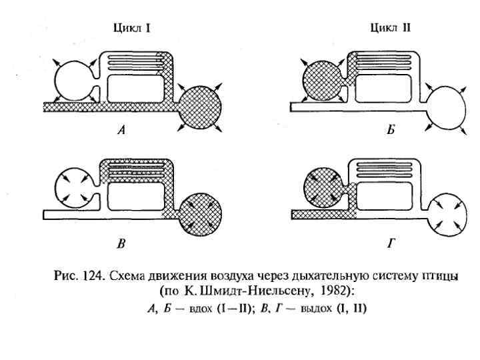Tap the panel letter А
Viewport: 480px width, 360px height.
[x=121, y=131]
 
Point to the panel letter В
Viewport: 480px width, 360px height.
[x=121, y=245]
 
